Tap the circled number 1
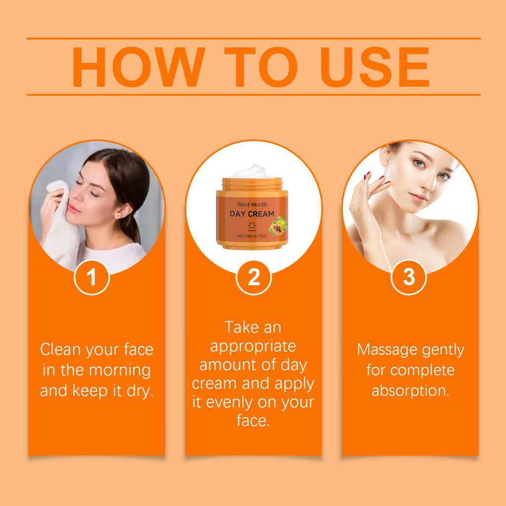(x=91, y=278)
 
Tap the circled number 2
(x=253, y=278)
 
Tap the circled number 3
(x=409, y=278)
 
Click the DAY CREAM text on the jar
(x=252, y=213)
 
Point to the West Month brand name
(x=252, y=204)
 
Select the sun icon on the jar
(x=252, y=226)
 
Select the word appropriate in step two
(x=253, y=346)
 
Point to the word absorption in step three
(x=410, y=390)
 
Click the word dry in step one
(x=140, y=390)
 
